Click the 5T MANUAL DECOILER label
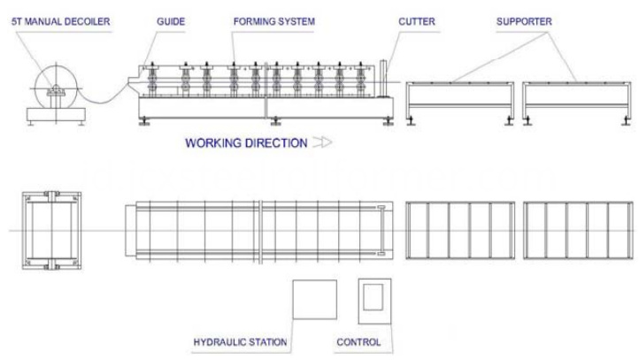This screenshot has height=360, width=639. click(61, 21)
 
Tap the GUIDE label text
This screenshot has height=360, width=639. click(171, 21)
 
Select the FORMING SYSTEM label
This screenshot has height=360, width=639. click(273, 21)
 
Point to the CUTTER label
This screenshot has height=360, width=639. click(417, 21)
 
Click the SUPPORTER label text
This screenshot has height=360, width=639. click(524, 21)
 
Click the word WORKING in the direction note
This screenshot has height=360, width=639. click(212, 143)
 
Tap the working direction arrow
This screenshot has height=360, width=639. click(322, 142)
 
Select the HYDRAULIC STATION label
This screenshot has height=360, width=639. click(240, 342)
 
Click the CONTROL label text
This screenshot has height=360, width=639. click(358, 342)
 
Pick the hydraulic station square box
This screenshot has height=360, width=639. click(314, 299)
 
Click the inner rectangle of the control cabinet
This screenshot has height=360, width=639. click(373, 297)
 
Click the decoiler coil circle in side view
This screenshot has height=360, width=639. click(56, 65)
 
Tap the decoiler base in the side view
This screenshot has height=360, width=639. click(56, 114)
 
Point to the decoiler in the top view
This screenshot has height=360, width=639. click(51, 231)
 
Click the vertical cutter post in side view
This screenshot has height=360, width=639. click(382, 79)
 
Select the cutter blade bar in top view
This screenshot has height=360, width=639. click(381, 231)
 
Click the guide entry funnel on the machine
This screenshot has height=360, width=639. click(134, 83)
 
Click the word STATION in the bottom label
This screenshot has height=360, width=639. click(268, 342)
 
